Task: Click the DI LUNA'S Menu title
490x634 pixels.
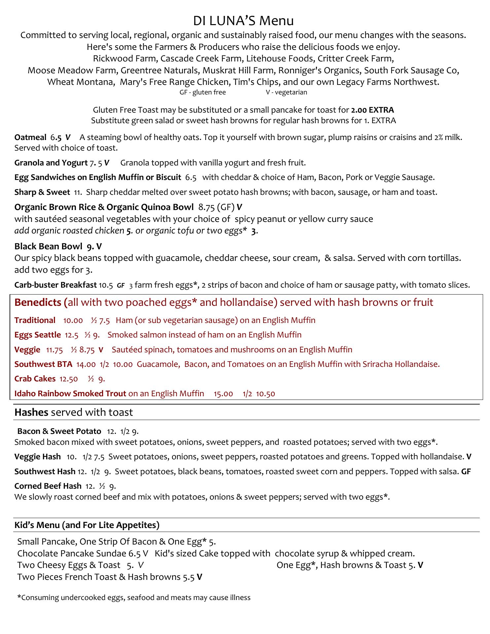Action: pos(243,21)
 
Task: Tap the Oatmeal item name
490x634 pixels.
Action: pos(30,137)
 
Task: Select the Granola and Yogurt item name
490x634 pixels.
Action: pos(51,163)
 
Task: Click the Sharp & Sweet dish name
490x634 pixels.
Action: pos(42,192)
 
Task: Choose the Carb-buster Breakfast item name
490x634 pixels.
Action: pos(55,285)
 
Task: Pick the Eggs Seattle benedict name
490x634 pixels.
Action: pos(37,335)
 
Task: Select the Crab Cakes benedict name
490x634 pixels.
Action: pos(35,379)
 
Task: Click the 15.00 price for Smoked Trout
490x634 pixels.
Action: pos(223,394)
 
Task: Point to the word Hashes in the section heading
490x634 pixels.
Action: pos(31,412)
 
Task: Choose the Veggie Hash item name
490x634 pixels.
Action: pos(37,457)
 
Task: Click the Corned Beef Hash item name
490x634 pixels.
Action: pos(48,486)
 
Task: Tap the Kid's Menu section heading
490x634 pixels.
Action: pos(87,525)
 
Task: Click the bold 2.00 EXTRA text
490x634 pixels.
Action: pos(372,110)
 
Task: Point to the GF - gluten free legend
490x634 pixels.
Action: pos(202,92)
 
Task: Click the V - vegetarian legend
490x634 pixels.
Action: pos(286,92)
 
